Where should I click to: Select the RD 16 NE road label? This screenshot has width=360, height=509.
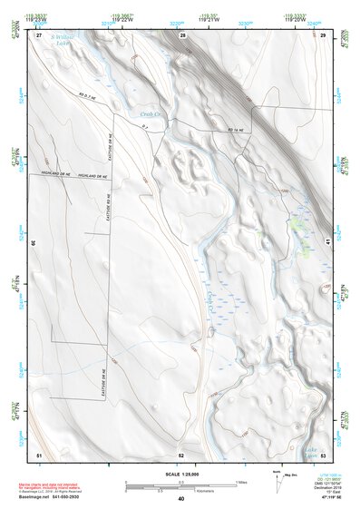pyautogui.click(x=235, y=131)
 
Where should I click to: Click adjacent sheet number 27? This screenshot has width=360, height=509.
pyautogui.click(x=39, y=34)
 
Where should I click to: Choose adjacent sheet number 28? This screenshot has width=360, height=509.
pyautogui.click(x=182, y=34)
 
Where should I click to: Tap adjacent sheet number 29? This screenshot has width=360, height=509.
pyautogui.click(x=323, y=34)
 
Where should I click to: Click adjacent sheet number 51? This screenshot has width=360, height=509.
pyautogui.click(x=39, y=454)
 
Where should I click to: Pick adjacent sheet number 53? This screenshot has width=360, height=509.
pyautogui.click(x=323, y=454)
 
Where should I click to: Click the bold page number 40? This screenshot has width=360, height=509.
pyautogui.click(x=180, y=500)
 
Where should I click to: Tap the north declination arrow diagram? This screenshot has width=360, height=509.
pyautogui.click(x=277, y=482)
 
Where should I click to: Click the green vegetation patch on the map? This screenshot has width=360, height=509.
pyautogui.click(x=298, y=222)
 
